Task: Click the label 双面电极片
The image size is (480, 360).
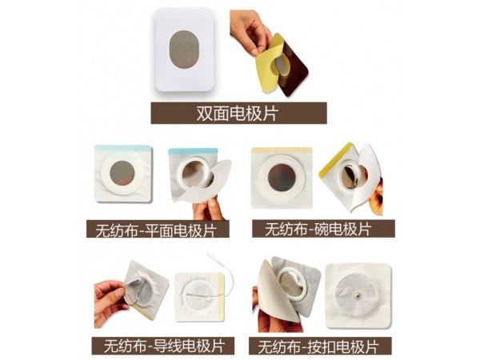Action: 238,114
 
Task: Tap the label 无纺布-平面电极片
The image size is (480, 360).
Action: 156,230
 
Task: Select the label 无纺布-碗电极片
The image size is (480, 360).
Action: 318,229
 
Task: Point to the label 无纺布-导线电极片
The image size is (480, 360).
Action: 164,346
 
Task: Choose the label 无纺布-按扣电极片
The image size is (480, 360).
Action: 318,346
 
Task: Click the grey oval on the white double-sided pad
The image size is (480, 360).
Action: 184,50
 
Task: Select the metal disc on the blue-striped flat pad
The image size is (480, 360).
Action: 122,173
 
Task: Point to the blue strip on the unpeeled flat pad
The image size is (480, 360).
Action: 123,148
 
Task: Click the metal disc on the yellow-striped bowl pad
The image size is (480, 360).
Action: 282,178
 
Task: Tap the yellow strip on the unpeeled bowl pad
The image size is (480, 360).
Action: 282,150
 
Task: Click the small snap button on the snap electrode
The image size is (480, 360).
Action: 358,295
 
